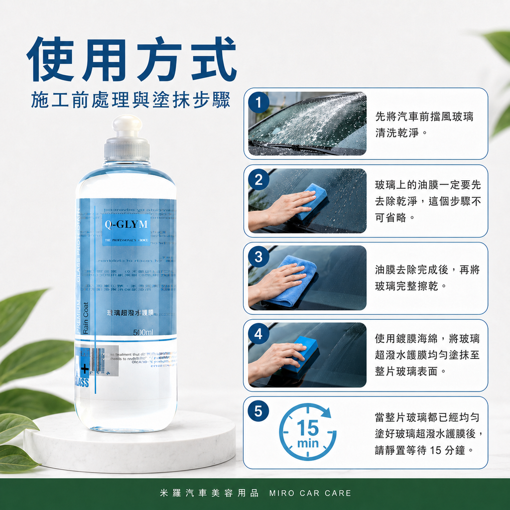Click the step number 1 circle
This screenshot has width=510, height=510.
(258, 103)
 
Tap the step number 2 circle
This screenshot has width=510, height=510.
(258, 180)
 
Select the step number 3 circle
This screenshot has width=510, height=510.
(258, 257)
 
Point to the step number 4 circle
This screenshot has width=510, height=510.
(258, 334)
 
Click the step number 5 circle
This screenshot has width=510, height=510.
(258, 411)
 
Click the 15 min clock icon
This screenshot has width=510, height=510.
(307, 432)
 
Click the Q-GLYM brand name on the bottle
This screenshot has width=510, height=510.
(126, 225)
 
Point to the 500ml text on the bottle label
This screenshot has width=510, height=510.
(143, 332)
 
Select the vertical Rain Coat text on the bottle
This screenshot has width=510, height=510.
(86, 318)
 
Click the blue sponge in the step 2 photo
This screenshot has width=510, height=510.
(311, 200)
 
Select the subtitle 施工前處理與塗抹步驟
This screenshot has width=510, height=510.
(130, 100)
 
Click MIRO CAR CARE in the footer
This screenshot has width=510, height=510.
(310, 494)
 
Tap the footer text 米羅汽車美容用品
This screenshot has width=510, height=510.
(209, 494)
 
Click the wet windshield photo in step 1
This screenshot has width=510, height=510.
(307, 124)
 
